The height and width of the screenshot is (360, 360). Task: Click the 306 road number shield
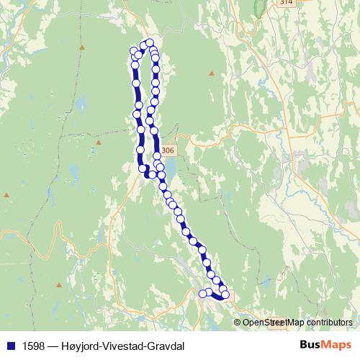[x=168, y=150]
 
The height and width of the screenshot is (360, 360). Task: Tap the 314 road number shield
[x=287, y=3]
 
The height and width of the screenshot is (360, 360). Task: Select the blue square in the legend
[x=9, y=346]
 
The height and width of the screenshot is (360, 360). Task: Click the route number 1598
[x=33, y=346]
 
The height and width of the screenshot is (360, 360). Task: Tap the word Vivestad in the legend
[x=122, y=346]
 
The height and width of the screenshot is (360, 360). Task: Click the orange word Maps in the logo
[x=335, y=345]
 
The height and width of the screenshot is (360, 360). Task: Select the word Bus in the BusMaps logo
[x=311, y=345]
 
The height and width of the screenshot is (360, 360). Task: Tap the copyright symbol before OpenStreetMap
[x=238, y=323]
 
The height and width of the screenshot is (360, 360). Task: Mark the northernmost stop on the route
[x=150, y=42]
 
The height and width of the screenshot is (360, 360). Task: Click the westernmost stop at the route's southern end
[x=202, y=293]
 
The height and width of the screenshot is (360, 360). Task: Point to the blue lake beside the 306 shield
[x=173, y=168]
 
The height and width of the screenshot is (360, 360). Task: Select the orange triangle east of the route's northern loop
[x=212, y=73]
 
